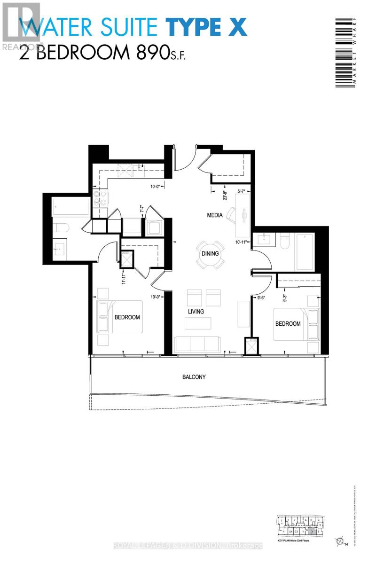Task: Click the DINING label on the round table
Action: click(210, 254)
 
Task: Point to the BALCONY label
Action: click(194, 377)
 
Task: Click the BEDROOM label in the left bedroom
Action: click(127, 317)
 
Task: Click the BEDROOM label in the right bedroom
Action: click(288, 324)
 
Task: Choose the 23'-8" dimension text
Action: click(225, 195)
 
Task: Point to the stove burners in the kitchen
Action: click(100, 198)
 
